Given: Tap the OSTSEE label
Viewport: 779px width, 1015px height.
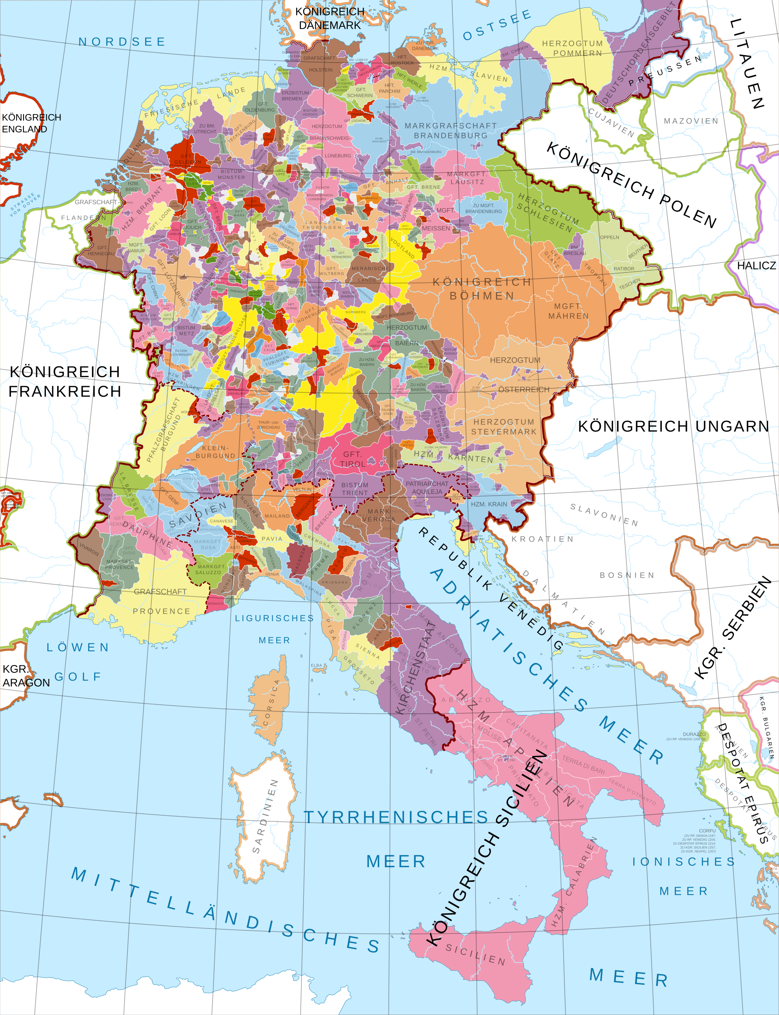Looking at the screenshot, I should click(497, 26).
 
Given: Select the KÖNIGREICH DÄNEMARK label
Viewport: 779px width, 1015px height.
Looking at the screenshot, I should click(330, 18).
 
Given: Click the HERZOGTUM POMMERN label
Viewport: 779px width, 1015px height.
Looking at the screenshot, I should click(572, 48).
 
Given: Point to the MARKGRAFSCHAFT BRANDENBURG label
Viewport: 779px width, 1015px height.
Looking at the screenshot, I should click(450, 131).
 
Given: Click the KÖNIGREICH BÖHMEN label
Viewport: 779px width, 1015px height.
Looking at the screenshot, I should click(482, 289).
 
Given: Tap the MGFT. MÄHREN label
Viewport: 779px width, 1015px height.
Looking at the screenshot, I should click(568, 311).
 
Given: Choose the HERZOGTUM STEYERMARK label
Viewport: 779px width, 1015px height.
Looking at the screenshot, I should click(504, 427).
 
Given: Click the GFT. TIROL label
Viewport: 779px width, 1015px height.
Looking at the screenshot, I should click(353, 459).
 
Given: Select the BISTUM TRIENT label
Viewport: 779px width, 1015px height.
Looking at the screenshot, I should click(355, 489).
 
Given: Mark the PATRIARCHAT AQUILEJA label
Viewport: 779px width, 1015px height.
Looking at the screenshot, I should click(427, 488).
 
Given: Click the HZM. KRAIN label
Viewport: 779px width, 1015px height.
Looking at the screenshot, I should click(489, 504).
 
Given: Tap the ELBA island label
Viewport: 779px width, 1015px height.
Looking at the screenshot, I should click(316, 665).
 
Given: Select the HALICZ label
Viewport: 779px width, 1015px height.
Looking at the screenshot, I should click(756, 266).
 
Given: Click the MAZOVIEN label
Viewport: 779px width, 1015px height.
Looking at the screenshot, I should click(691, 121).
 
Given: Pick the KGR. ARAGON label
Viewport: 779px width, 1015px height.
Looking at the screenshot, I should click(26, 676).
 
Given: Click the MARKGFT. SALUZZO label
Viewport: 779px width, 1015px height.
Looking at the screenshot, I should click(211, 569).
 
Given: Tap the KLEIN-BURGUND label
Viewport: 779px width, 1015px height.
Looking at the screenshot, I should click(215, 452).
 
